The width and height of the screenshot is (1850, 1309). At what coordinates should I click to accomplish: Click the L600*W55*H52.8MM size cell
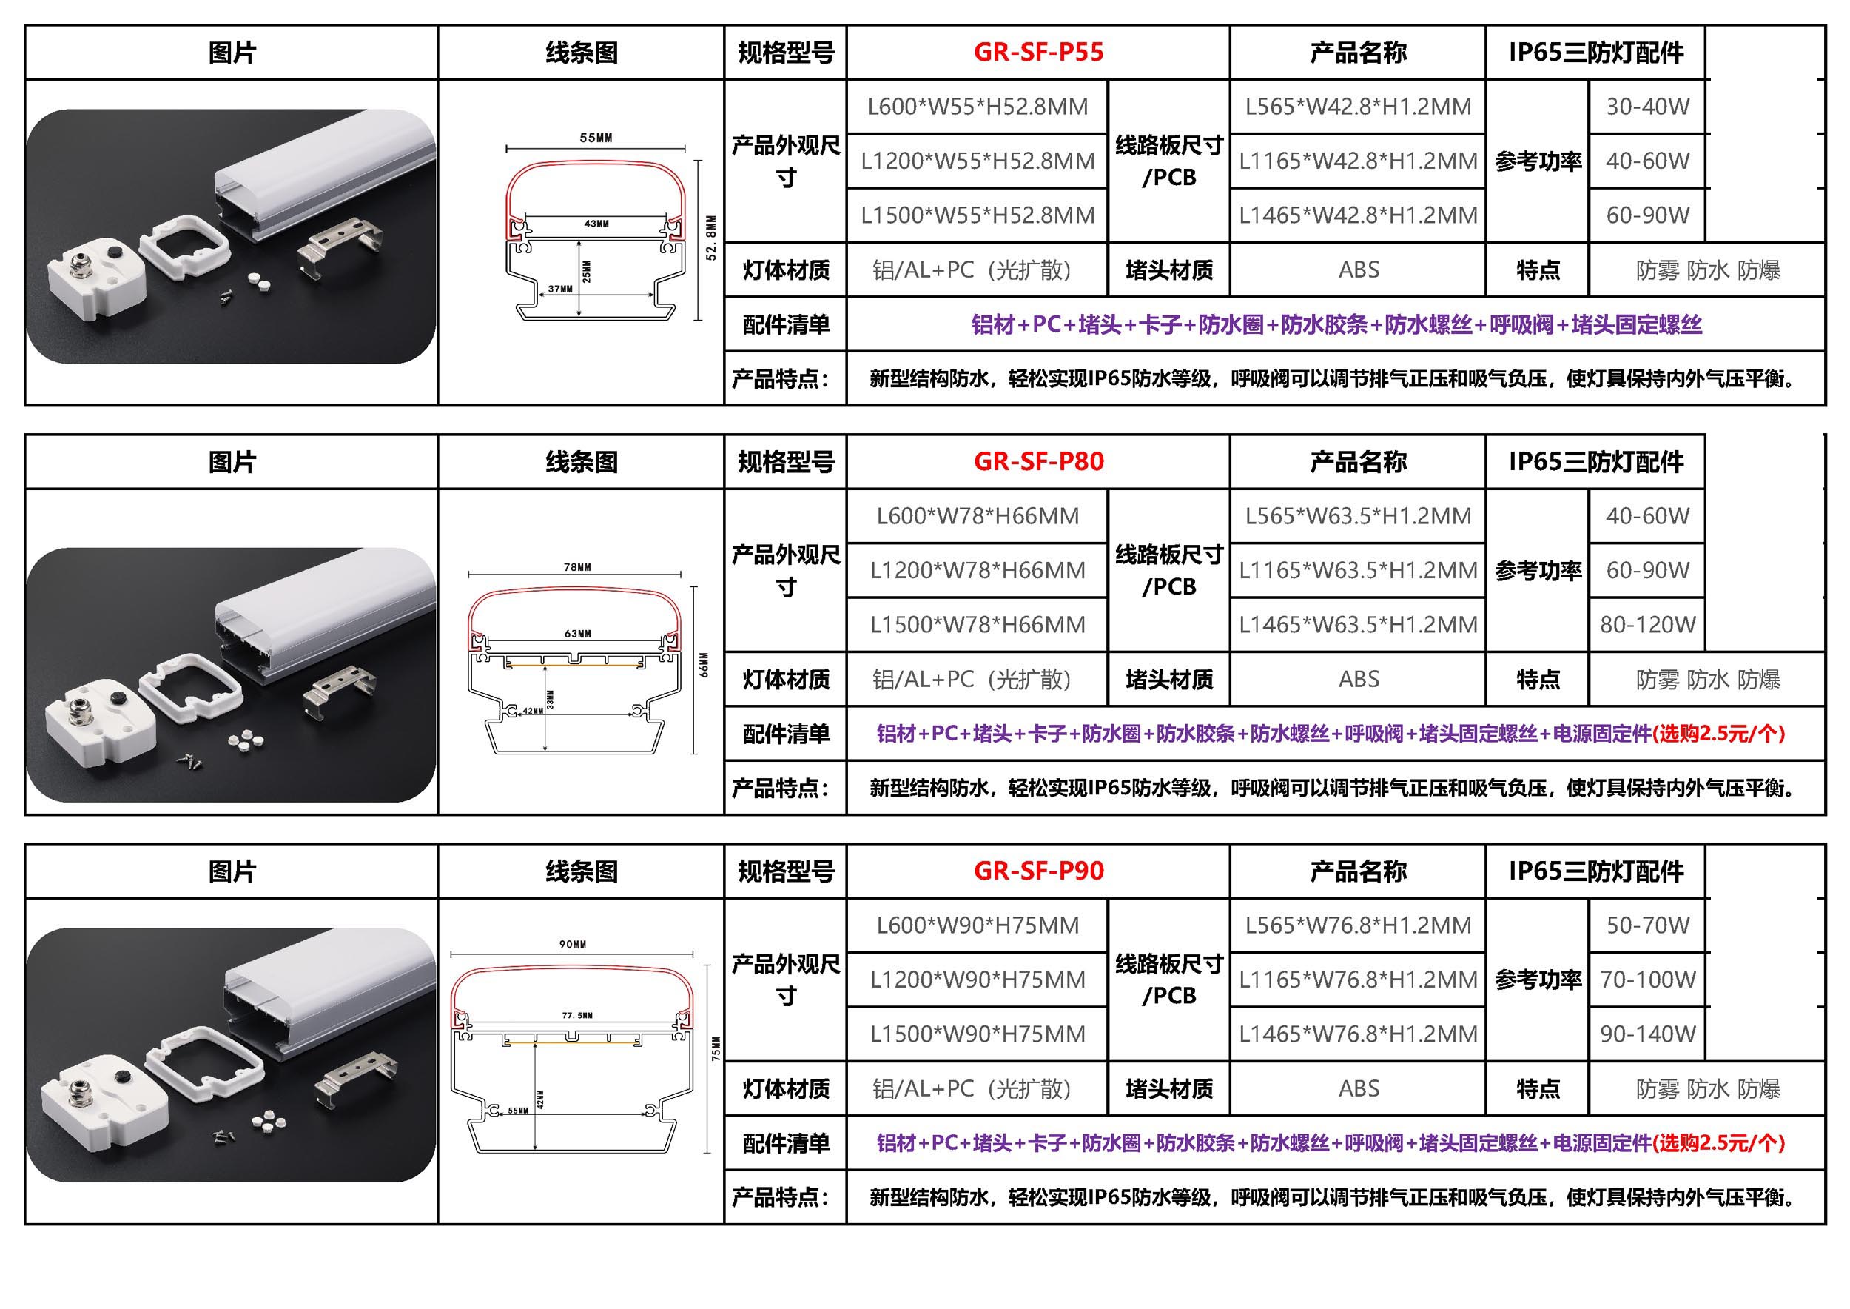point(978,107)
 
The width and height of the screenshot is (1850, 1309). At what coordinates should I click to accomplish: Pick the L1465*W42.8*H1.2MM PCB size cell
point(1358,215)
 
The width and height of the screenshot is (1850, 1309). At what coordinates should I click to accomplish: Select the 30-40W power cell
point(1648,107)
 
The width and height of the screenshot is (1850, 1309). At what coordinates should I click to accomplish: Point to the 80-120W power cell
point(1648,625)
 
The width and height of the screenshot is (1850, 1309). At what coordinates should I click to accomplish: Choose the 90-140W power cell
point(1648,1034)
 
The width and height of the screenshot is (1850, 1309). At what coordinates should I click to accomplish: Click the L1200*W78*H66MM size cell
point(978,571)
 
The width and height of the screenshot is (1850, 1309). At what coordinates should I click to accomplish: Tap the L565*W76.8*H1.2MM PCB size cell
point(1358,925)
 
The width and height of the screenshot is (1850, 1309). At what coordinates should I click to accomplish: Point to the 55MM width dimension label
point(596,138)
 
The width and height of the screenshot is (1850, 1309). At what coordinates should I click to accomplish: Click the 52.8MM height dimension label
point(710,237)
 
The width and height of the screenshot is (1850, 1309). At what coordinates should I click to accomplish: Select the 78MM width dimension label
point(578,567)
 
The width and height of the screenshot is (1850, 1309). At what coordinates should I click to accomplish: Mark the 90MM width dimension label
point(573,944)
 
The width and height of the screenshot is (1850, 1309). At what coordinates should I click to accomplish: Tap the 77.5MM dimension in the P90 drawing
point(578,1016)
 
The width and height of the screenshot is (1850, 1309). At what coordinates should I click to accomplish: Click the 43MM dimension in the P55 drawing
point(596,224)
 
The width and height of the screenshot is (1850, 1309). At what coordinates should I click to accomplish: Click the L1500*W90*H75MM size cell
point(978,1034)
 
